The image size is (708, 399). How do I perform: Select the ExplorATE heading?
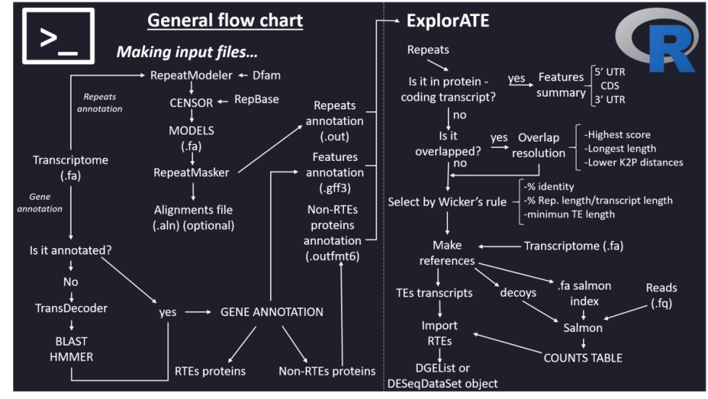point(447,21)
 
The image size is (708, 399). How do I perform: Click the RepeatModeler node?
point(191,74)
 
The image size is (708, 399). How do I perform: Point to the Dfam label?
point(268,74)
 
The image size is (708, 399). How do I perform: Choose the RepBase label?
point(256,100)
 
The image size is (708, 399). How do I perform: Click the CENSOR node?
point(191,102)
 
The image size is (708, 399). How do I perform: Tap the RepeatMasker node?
point(191,172)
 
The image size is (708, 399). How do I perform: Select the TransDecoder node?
point(71,308)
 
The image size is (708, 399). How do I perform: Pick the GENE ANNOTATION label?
point(272,312)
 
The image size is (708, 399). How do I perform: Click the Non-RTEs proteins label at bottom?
point(327,371)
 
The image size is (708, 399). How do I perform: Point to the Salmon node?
point(583,328)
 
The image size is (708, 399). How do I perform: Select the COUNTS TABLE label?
point(582,357)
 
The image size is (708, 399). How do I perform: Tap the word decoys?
point(518,292)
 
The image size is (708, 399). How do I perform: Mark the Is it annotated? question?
point(71,251)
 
